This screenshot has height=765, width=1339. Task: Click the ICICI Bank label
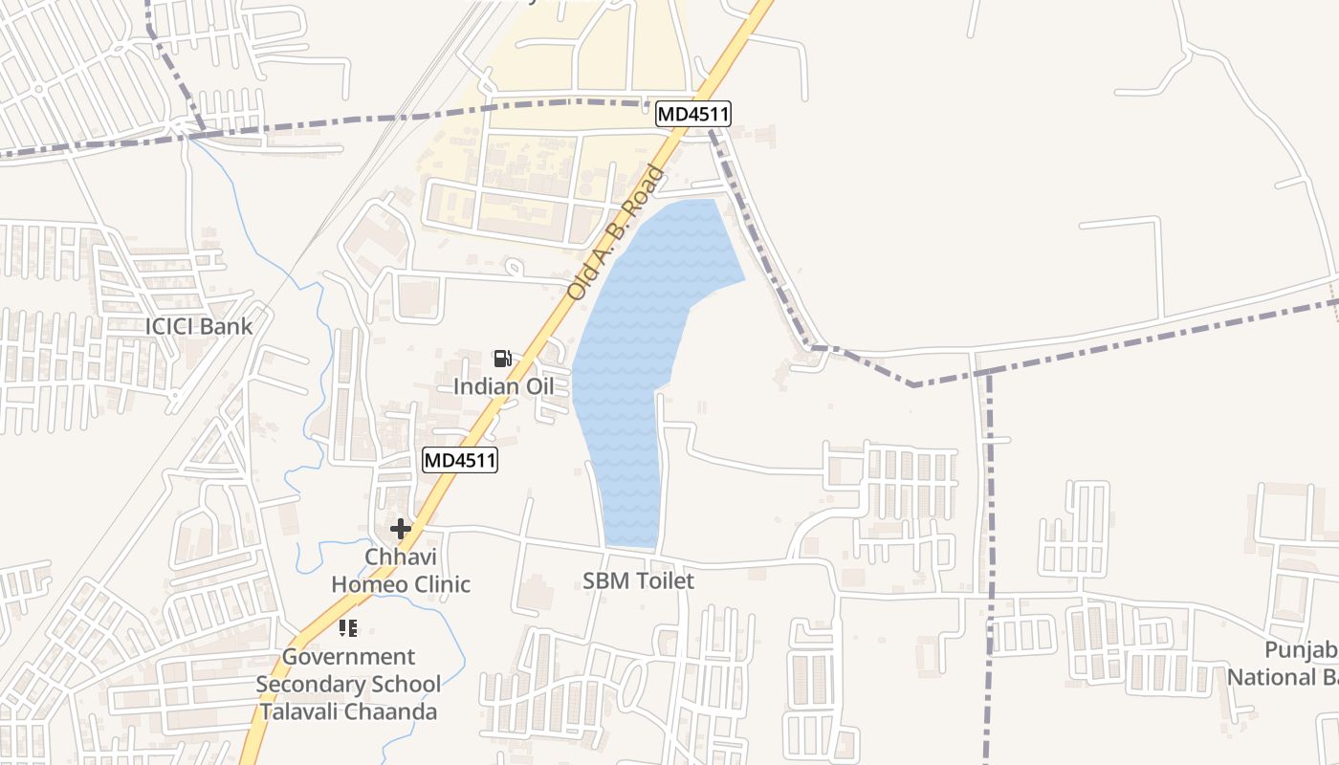pyautogui.click(x=199, y=326)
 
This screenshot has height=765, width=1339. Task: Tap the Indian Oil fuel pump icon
pyautogui.click(x=502, y=359)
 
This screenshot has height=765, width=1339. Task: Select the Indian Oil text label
pyautogui.click(x=503, y=386)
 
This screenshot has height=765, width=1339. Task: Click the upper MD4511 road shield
pyautogui.click(x=693, y=115)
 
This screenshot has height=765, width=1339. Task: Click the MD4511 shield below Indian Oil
pyautogui.click(x=460, y=460)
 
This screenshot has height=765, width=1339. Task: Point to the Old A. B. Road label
pyautogui.click(x=615, y=232)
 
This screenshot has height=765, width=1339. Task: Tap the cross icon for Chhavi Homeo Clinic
pyautogui.click(x=400, y=528)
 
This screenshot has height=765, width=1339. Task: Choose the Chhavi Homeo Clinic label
pyautogui.click(x=401, y=570)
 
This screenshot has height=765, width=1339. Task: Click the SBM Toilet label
pyautogui.click(x=638, y=580)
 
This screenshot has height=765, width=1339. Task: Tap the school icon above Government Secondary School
pyautogui.click(x=348, y=628)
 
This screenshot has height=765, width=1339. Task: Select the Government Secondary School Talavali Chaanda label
pyautogui.click(x=348, y=685)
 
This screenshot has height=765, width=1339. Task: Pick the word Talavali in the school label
pyautogui.click(x=305, y=712)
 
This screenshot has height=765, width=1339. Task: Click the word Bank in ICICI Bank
pyautogui.click(x=227, y=326)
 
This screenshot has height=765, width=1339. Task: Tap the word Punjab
pyautogui.click(x=1301, y=650)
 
